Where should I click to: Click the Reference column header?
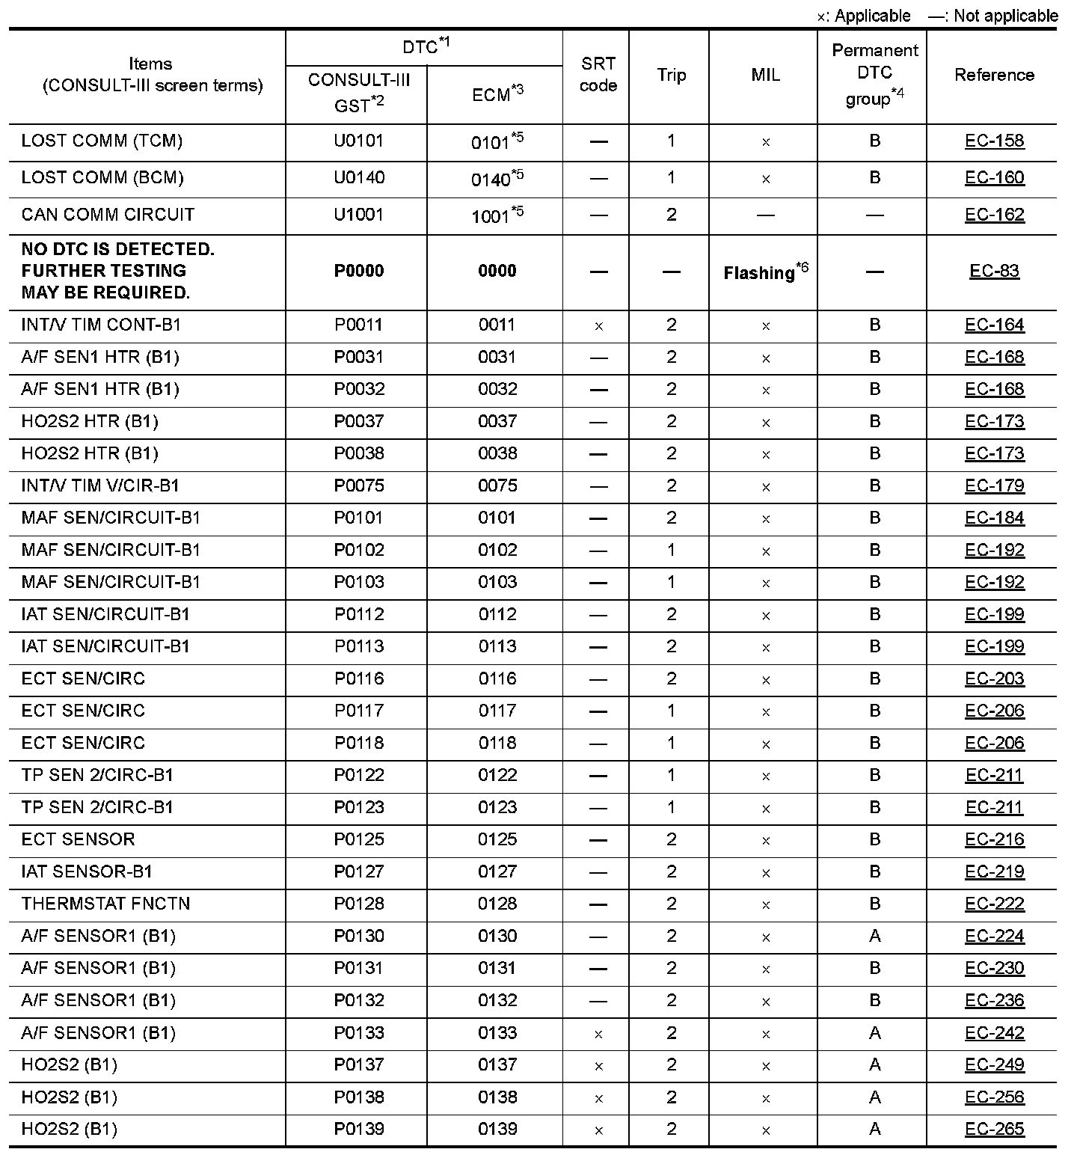coord(994,75)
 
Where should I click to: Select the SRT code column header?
coord(598,75)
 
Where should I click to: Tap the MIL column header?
coord(765,75)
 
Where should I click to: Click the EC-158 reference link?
coord(994,141)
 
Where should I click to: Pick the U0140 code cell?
coord(359,178)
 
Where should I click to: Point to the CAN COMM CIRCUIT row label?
coord(108,215)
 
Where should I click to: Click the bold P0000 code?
coord(359,271)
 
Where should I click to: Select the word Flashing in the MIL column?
coord(758,273)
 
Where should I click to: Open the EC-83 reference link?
coord(994,271)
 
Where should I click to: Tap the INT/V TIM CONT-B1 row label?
coord(101,325)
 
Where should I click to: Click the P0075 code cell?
coord(359,485)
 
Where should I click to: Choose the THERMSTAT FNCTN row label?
coord(105,904)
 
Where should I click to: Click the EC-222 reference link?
coord(994,904)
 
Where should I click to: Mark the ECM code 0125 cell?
coord(497,839)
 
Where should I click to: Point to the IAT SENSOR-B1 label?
coord(87,871)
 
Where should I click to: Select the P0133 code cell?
coord(359,1032)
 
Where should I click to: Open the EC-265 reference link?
coord(994,1129)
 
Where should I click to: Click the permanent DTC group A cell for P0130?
coord(875,936)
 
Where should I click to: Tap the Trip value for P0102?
coord(671,550)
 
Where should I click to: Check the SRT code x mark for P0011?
coord(598,326)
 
